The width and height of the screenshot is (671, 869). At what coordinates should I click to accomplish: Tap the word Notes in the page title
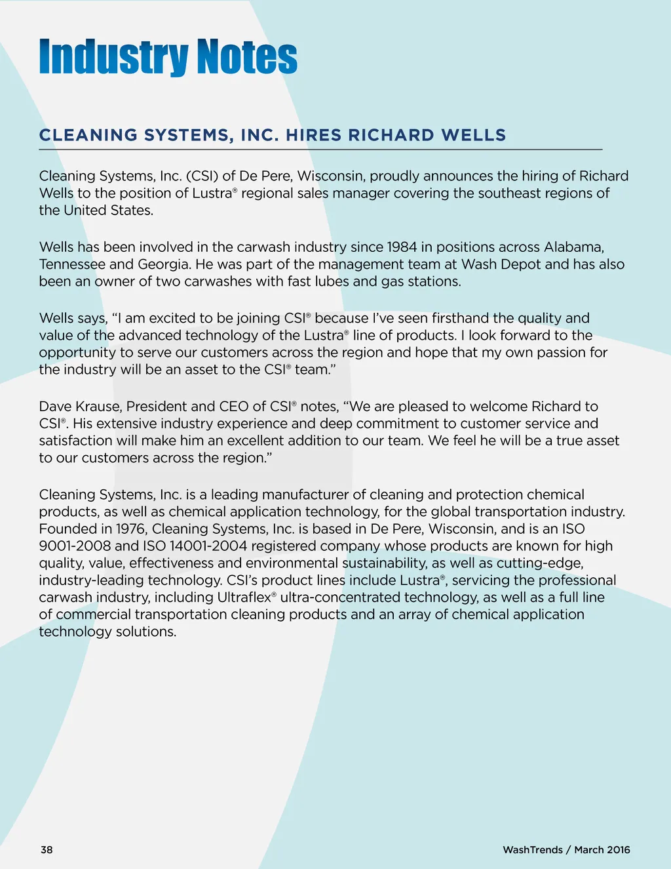(247, 57)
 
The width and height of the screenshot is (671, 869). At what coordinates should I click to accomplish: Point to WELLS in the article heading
(473, 135)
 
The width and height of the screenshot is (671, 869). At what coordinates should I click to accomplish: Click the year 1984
(402, 247)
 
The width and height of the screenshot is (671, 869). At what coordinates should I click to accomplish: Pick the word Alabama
(573, 247)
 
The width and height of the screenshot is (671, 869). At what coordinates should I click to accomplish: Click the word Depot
(521, 264)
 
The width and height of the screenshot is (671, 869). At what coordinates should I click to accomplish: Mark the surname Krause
(98, 407)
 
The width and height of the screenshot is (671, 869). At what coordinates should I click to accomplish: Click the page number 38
(47, 850)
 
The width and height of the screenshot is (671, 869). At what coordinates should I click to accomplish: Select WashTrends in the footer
(532, 850)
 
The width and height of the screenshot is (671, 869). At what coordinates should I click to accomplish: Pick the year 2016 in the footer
(618, 850)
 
